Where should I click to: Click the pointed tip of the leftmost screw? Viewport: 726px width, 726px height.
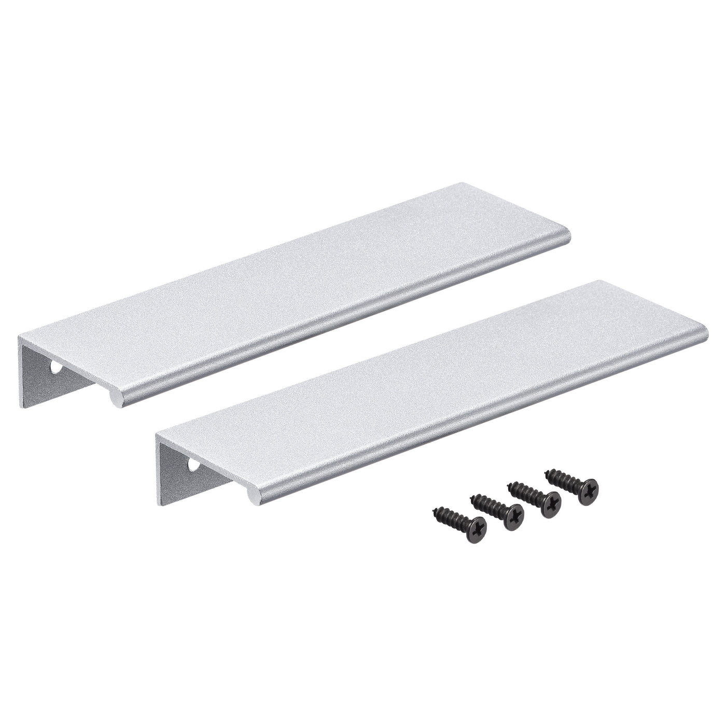click(x=435, y=511)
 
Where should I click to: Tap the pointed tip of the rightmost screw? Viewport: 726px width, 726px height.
click(x=547, y=473)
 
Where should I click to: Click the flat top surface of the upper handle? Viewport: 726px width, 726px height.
click(x=290, y=290)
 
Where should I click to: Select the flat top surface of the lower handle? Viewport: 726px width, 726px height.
click(x=430, y=384)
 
